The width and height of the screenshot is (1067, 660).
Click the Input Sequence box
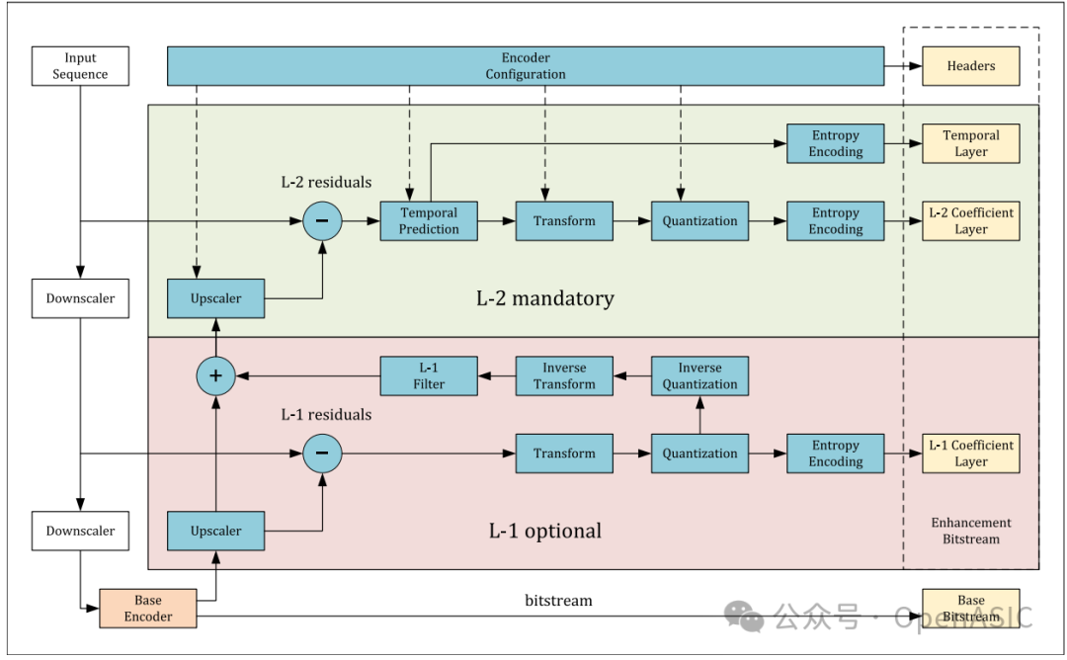pyautogui.click(x=80, y=66)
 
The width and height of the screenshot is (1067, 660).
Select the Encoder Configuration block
pyautogui.click(x=526, y=66)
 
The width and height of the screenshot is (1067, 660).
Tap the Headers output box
pyautogui.click(x=970, y=66)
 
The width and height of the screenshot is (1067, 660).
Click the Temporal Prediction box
pyautogui.click(x=429, y=220)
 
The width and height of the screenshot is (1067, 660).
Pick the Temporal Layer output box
pyautogui.click(x=970, y=144)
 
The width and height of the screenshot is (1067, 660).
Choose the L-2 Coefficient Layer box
pyautogui.click(x=970, y=220)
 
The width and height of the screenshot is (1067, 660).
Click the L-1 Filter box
pyautogui.click(x=429, y=376)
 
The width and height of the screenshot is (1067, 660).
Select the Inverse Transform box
pyautogui.click(x=564, y=376)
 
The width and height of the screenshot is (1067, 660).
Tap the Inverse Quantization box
pyautogui.click(x=699, y=376)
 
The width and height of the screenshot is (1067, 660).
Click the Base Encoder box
pyautogui.click(x=148, y=609)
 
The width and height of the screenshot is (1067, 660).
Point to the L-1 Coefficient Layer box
pyautogui.click(x=970, y=454)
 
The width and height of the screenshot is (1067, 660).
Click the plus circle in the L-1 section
pyautogui.click(x=215, y=375)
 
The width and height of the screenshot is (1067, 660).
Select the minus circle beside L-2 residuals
pyautogui.click(x=322, y=220)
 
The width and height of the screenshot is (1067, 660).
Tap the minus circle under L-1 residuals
pyautogui.click(x=322, y=454)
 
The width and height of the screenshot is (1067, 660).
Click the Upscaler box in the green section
pyautogui.click(x=215, y=298)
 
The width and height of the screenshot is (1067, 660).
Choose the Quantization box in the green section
pyautogui.click(x=699, y=220)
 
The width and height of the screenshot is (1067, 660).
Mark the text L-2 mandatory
pyautogui.click(x=544, y=298)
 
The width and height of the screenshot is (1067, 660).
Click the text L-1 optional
pyautogui.click(x=544, y=531)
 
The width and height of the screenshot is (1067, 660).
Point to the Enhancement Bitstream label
pyautogui.click(x=970, y=531)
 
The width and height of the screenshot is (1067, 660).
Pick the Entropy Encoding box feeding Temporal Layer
pyautogui.click(x=835, y=144)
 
